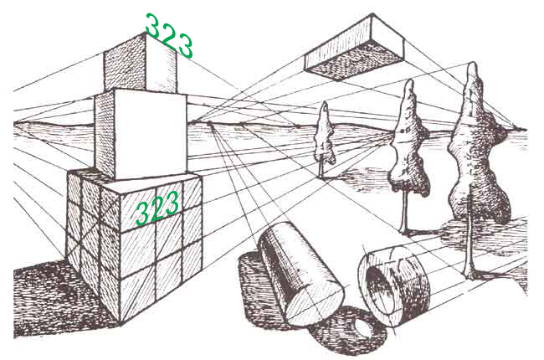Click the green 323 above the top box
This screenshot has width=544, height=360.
pos(169,35)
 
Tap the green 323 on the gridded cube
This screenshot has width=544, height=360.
pos(157,208)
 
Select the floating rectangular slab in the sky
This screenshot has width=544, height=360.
pos(354,49)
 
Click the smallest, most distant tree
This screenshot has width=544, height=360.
pos(325,139)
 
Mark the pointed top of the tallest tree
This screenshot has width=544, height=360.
pos(472,63)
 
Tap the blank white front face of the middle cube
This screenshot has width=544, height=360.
pos(150,134)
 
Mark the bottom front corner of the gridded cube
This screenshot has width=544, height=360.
pos(121,325)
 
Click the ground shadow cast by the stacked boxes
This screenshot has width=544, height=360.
pos(63,299)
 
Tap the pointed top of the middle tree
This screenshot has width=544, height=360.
pos(410,80)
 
